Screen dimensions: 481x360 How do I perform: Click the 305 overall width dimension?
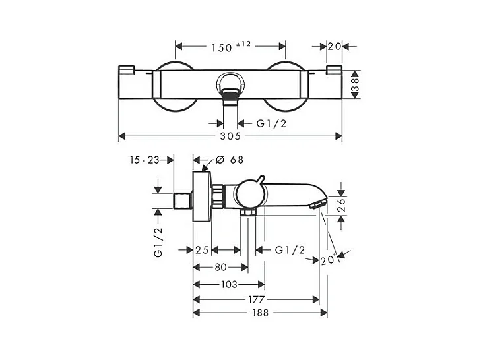[x=231, y=136]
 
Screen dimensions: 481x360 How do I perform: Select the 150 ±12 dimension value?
[x=231, y=47]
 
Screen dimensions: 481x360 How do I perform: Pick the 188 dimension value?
[x=260, y=313]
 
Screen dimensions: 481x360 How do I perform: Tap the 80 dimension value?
[x=220, y=267]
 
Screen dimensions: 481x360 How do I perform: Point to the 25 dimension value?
[x=203, y=250]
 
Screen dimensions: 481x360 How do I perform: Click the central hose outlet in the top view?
[x=230, y=88]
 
